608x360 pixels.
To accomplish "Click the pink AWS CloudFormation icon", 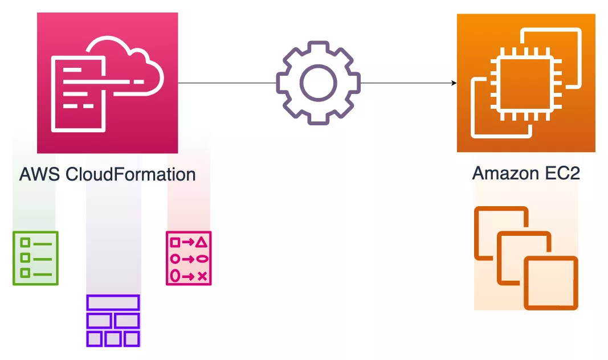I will (107, 83).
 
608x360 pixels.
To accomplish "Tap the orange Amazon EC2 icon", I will (526, 83).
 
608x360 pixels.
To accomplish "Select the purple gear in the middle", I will (318, 83).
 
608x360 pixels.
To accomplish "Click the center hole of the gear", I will (318, 83).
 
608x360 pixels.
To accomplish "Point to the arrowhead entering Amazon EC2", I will (454, 83).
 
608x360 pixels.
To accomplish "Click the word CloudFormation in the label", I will (130, 174).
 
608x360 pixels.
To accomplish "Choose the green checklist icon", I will (35, 258).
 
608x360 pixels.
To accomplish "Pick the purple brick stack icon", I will (113, 321).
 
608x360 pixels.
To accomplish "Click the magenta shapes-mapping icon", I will (189, 258).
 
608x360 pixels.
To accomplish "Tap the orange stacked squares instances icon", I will (526, 258).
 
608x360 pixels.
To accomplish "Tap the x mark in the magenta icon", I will (201, 276).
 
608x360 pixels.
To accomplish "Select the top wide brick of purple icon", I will (113, 302).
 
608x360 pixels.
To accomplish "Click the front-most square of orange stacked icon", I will (550, 283).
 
